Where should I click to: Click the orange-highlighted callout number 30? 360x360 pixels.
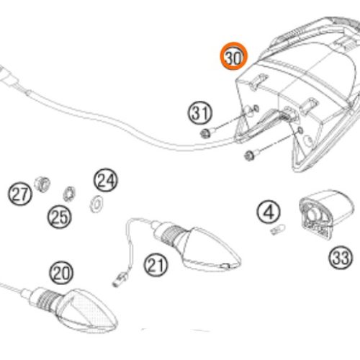(233, 56)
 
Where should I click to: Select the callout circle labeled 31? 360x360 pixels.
(200, 113)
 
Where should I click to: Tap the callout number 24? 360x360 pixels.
(106, 180)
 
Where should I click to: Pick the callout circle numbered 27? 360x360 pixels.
(19, 194)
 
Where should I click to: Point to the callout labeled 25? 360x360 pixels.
(59, 217)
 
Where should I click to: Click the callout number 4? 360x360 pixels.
(269, 212)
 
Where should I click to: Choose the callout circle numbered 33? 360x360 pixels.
(341, 258)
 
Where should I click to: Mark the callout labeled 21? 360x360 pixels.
(156, 265)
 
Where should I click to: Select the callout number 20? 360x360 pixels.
(61, 273)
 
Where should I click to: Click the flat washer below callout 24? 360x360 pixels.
(96, 204)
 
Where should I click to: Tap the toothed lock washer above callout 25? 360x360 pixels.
(69, 194)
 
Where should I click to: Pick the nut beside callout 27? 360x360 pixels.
(42, 184)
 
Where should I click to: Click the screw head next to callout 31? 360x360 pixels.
(204, 133)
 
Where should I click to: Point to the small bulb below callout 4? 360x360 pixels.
(278, 229)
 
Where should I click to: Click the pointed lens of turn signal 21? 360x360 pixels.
(211, 250)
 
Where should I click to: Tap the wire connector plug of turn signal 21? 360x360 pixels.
(120, 280)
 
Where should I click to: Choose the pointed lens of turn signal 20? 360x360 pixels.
(89, 311)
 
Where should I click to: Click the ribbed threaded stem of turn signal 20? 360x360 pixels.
(47, 300)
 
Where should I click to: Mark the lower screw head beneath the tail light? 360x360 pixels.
(249, 156)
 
